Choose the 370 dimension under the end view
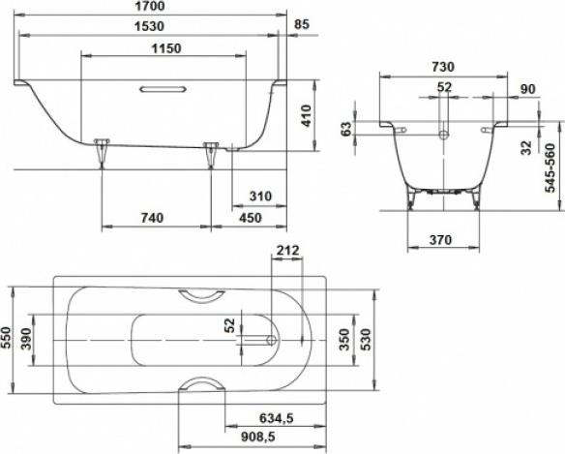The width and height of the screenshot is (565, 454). (x=443, y=238)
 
